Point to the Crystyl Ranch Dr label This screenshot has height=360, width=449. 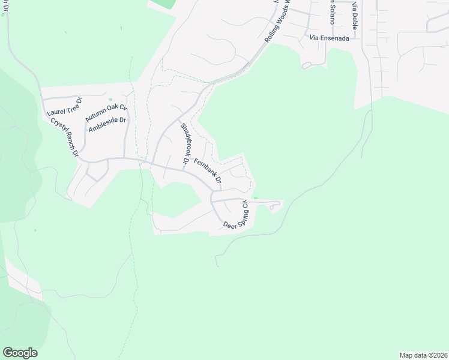point(65,136)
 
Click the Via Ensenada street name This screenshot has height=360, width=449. point(330,37)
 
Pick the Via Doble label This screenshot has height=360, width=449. point(354,16)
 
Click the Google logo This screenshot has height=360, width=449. point(20,353)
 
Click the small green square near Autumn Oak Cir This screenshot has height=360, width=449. point(110,100)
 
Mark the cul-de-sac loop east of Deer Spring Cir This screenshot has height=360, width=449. point(275,206)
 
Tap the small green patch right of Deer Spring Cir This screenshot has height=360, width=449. point(256,197)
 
